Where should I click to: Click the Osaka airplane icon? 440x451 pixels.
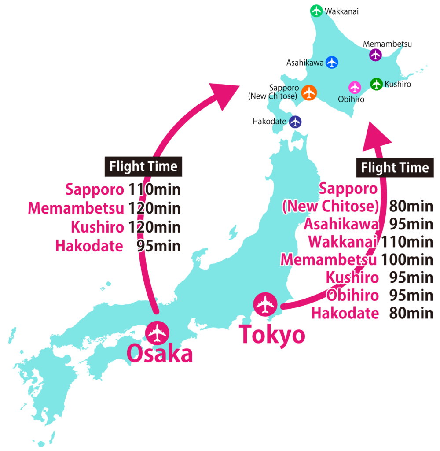pos(157,333)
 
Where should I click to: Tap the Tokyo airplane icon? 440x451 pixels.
pos(266,304)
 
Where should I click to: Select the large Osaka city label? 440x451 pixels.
pos(160,354)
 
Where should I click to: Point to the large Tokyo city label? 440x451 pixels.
pos(272,335)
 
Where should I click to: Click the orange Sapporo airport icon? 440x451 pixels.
pos(310,92)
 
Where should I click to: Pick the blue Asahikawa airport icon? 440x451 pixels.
pos(332,63)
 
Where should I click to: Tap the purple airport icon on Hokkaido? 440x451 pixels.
pos(375,55)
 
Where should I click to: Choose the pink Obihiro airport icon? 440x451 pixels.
pos(355,87)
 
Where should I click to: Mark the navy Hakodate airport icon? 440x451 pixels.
pos(296,122)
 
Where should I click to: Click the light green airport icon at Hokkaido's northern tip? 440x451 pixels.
pos(316,11)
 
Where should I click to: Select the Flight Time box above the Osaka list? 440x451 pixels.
pos(143,166)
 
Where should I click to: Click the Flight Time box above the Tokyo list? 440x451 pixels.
pos(395,168)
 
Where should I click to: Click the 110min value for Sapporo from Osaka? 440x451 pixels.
pos(154,190)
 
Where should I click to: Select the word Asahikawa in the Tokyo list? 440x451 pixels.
pos(341,224)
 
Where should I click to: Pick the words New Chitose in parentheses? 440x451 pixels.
pos(330,206)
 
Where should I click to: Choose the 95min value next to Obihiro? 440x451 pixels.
pos(411,296)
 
